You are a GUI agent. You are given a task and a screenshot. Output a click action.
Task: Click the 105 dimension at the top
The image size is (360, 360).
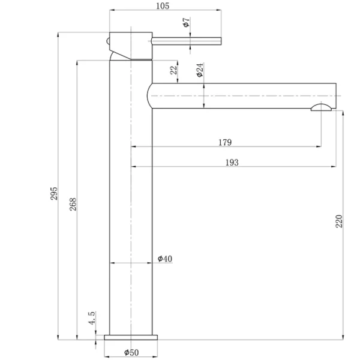pos(163,6)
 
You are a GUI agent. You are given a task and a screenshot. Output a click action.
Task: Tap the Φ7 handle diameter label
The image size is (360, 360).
pos(186,22)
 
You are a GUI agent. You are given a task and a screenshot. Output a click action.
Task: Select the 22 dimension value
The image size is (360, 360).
pos(174,70)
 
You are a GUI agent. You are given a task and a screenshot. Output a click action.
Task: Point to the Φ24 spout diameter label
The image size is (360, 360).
pos(200,70)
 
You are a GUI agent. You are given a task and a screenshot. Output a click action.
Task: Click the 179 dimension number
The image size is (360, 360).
pos(225,142)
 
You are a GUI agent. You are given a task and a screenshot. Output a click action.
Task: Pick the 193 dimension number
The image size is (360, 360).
pos(232,163)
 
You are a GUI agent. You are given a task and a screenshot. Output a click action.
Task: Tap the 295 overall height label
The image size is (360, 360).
pos(54,194)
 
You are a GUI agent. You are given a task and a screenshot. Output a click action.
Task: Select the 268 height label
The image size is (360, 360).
pos(73,204)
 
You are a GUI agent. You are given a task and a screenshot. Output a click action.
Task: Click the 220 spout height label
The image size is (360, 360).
pos(339,221)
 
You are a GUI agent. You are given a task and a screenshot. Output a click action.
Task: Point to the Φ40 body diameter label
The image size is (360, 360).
pos(165,259)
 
